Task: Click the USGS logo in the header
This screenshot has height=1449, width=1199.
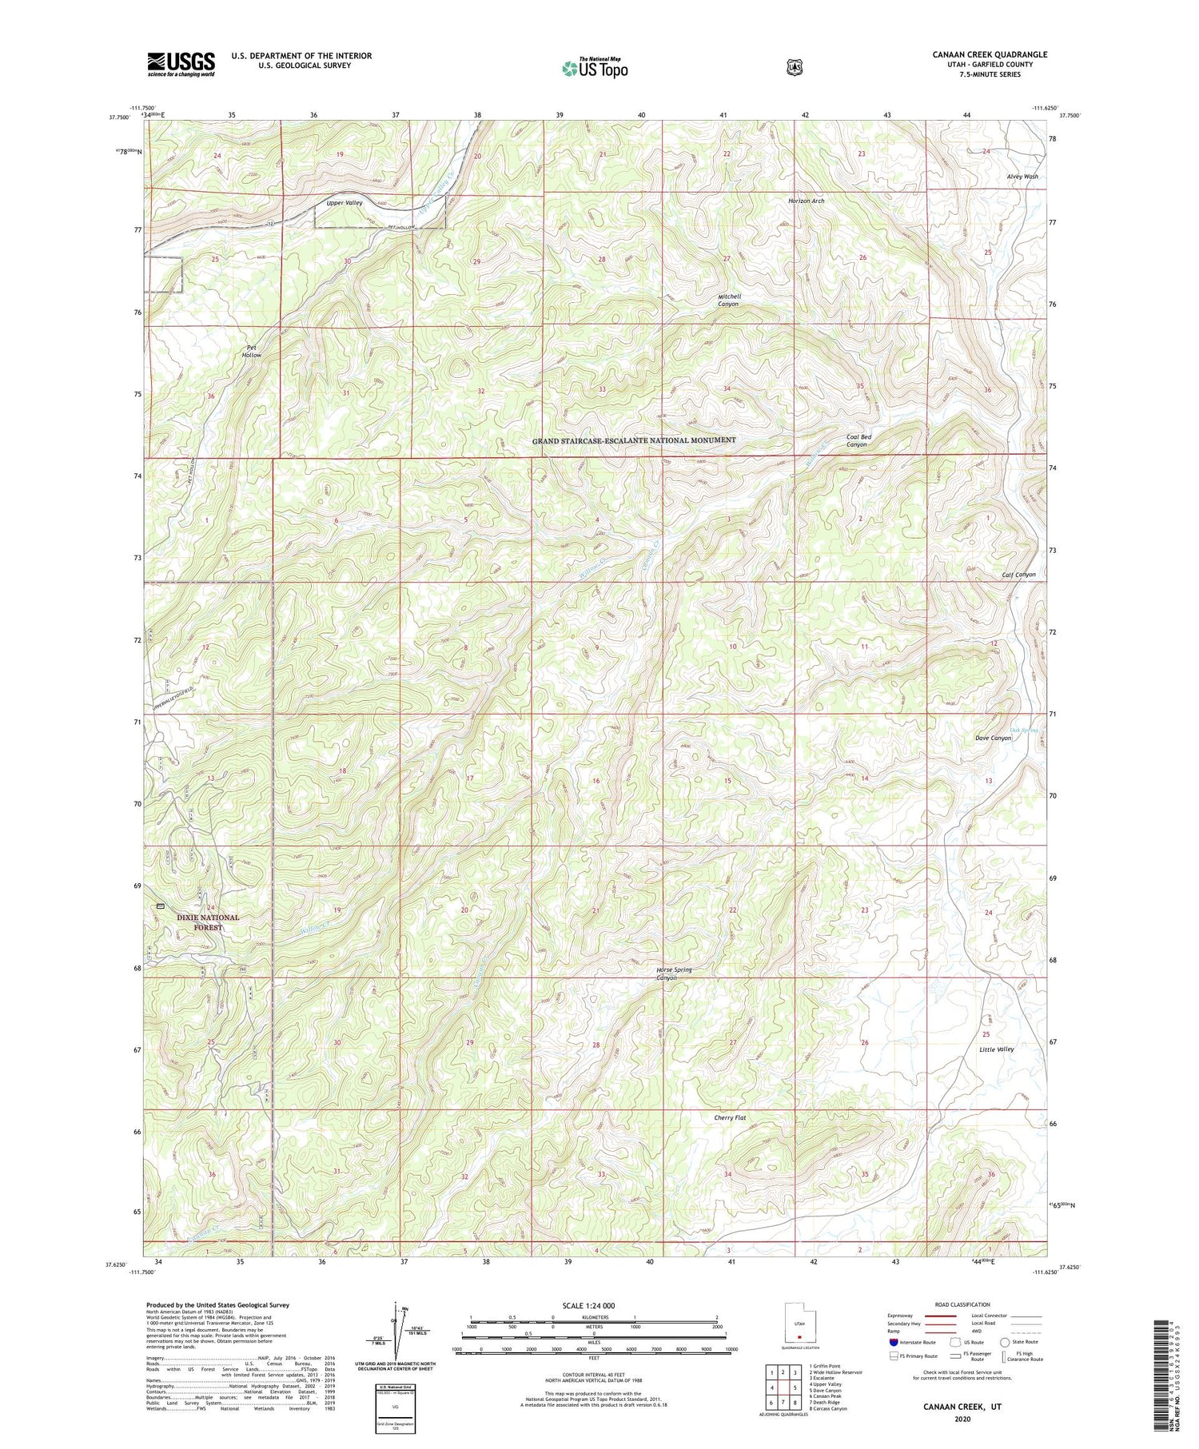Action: coord(181,64)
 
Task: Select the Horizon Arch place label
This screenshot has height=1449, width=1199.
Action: coord(806,201)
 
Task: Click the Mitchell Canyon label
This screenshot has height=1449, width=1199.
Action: coord(728,300)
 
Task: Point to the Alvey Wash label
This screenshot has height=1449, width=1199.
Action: coord(1022,177)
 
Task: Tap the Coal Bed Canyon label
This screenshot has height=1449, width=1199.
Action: coord(858,440)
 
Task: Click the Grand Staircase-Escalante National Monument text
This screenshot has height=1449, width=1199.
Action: coord(634,440)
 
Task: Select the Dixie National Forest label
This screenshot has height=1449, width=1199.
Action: coord(207,922)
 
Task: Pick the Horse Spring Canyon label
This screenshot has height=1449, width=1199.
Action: coord(674,973)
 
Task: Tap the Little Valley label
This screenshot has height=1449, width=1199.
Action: coord(996,1049)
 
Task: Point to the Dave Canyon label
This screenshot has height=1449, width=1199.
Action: coord(993,738)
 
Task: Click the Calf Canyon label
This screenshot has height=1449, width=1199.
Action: coord(1018,574)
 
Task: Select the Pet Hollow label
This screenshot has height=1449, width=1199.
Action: coord(253,351)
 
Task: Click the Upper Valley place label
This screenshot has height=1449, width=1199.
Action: coord(345,203)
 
